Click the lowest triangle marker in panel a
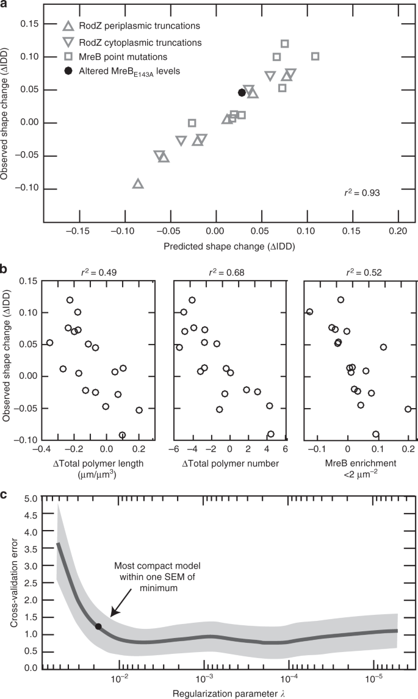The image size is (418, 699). click(x=138, y=184)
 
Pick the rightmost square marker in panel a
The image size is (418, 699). click(x=315, y=56)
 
